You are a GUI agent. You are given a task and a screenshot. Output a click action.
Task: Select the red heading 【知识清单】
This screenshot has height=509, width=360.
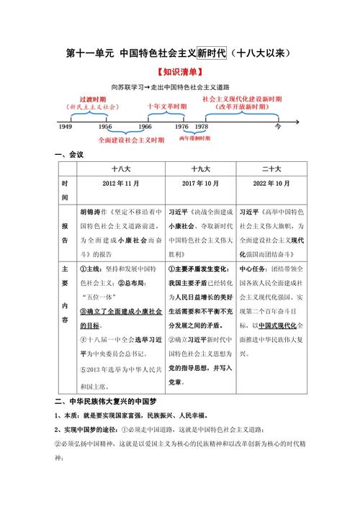pyautogui.click(x=179, y=73)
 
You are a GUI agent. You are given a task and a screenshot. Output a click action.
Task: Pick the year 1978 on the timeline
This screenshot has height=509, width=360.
pyautogui.click(x=202, y=126)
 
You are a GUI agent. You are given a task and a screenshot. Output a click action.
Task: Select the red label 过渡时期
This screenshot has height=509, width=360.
pyautogui.click(x=92, y=98)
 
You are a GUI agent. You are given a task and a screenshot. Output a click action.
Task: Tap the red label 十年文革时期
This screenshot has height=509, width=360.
pyautogui.click(x=166, y=107)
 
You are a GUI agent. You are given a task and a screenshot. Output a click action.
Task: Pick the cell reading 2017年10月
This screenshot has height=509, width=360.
pyautogui.click(x=200, y=184)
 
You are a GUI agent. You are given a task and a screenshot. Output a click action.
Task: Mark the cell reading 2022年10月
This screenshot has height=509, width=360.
pyautogui.click(x=274, y=184)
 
